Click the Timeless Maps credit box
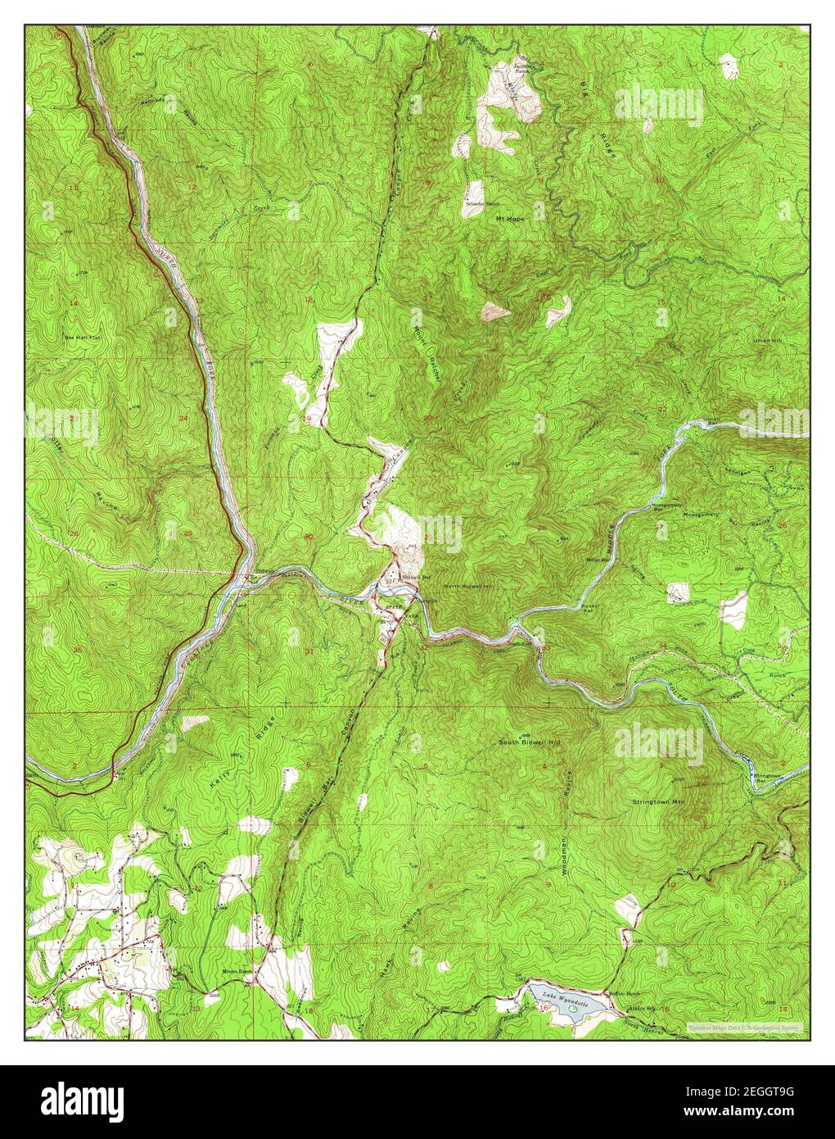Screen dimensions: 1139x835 pos(744,1027)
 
